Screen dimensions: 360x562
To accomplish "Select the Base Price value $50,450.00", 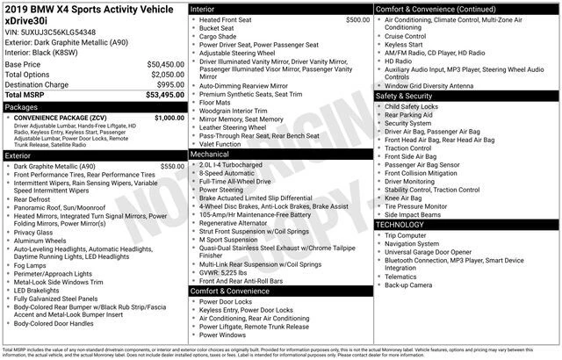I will (161, 65).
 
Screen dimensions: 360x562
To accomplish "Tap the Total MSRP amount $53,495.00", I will (161, 95).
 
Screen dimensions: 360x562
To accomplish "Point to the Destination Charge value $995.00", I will (165, 84).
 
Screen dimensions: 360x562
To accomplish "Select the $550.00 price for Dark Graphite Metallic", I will (167, 166).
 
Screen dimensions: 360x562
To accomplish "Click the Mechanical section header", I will (211, 153).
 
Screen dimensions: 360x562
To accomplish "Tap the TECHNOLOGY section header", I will (400, 225).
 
